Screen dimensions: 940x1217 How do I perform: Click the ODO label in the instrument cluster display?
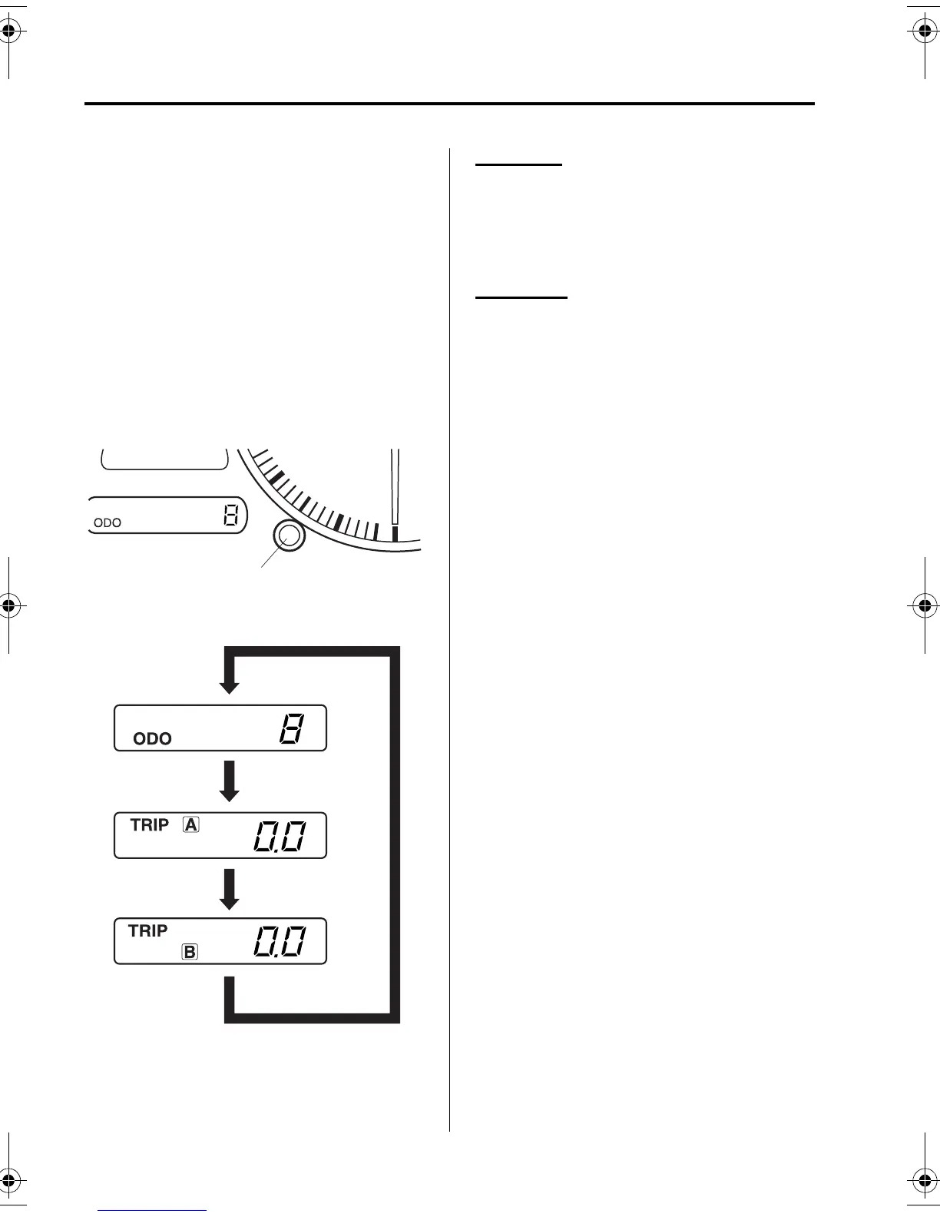(x=108, y=522)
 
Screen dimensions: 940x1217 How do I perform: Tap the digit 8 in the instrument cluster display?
(x=230, y=516)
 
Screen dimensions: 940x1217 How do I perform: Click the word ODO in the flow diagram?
(x=152, y=738)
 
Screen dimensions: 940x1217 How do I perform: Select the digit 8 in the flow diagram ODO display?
(x=291, y=728)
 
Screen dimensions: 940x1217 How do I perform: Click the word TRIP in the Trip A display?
(x=150, y=824)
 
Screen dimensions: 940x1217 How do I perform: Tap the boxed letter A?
(x=190, y=825)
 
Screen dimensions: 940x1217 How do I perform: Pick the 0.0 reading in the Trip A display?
(x=280, y=837)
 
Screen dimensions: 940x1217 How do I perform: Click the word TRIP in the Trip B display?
(x=147, y=930)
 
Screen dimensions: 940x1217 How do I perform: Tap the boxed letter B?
(x=190, y=952)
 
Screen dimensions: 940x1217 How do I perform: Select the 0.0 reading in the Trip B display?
(x=280, y=942)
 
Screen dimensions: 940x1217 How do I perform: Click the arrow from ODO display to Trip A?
(x=229, y=781)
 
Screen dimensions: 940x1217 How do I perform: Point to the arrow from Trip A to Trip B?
(x=229, y=889)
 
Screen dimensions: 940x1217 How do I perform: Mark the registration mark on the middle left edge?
(x=8, y=605)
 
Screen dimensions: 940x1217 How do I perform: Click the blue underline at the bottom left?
(x=152, y=1210)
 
